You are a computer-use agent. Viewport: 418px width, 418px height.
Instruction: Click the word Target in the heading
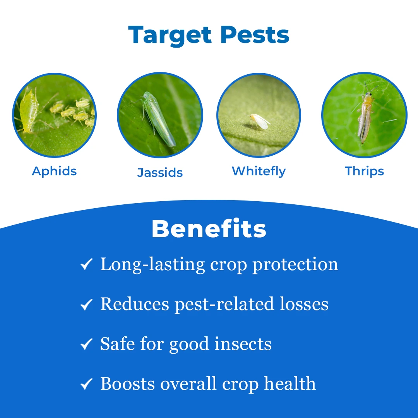coord(170,36)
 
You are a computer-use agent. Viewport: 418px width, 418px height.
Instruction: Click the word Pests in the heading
coord(255,35)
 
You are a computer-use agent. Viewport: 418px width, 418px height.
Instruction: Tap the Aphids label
coord(54,171)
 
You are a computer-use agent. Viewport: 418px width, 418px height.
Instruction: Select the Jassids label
coord(160,173)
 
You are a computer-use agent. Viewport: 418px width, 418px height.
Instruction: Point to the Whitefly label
coord(259,171)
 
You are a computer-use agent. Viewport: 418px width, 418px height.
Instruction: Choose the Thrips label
coord(364,171)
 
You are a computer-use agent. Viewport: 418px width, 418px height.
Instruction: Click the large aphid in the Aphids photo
coord(28,111)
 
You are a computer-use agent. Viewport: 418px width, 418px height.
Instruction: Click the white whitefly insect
coord(259,121)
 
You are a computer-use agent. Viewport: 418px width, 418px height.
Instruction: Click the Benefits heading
coord(209,229)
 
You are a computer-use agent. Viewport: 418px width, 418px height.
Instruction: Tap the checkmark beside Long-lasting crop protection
coord(86,264)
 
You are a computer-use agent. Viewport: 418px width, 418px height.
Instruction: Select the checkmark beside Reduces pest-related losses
coord(86,304)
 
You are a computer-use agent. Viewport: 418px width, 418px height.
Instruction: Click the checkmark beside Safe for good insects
coord(86,344)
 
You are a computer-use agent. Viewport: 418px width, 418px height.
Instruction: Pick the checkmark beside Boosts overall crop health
coord(86,384)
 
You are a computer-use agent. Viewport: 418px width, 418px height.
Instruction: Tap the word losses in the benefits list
coord(304,304)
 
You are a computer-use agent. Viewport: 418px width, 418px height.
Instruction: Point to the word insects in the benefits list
coord(243,344)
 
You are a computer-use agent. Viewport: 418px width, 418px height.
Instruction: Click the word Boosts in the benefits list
coord(127,384)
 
